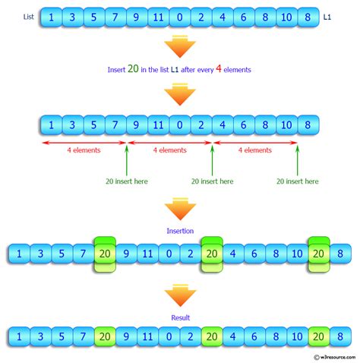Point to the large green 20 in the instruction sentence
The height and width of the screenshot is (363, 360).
[133, 69]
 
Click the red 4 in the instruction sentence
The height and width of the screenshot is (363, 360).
[216, 69]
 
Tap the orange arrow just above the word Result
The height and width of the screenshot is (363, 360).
[180, 295]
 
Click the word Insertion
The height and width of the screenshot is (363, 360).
[180, 229]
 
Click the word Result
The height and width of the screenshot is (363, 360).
[180, 317]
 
